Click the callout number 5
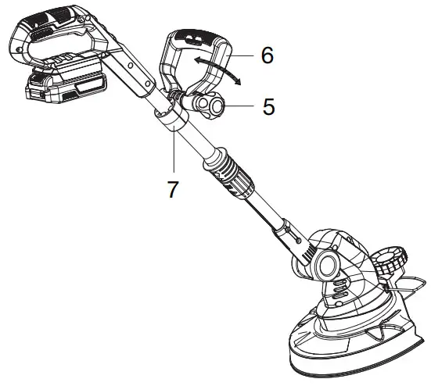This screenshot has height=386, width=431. [x=268, y=107]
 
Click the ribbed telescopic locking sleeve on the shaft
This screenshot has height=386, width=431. [x=229, y=170]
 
